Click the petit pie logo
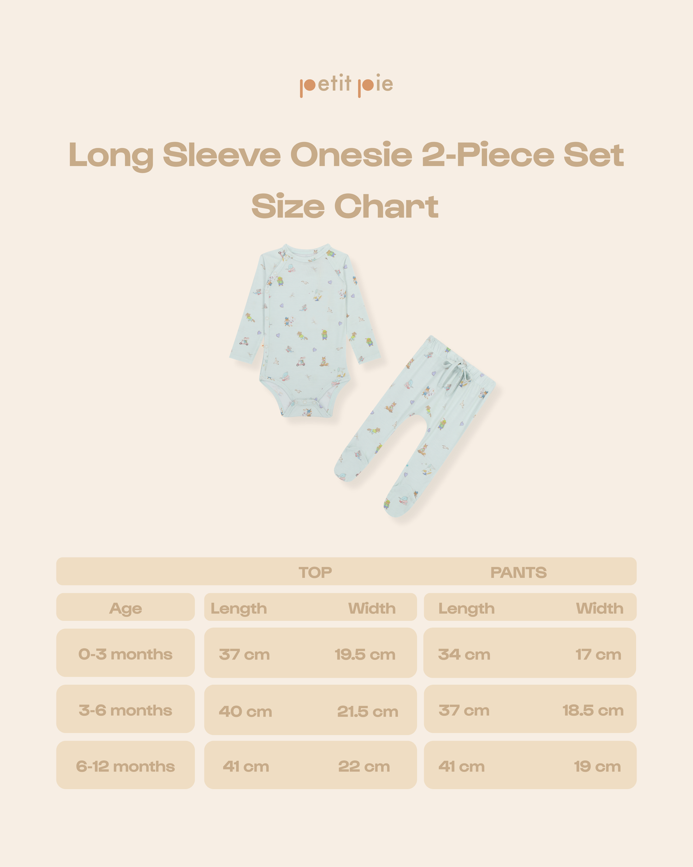(x=346, y=85)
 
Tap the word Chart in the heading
(x=386, y=207)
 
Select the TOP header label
(x=315, y=572)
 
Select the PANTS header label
(x=518, y=572)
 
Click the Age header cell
(x=126, y=608)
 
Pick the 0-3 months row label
(x=126, y=654)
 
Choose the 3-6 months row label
(x=126, y=710)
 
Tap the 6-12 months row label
(x=126, y=766)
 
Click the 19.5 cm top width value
(x=365, y=654)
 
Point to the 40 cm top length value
(x=246, y=711)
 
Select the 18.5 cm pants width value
(x=593, y=710)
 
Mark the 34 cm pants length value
(x=464, y=654)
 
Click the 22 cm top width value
(x=364, y=767)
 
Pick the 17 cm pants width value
(x=598, y=654)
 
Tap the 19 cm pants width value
(x=597, y=767)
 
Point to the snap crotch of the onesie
(x=307, y=412)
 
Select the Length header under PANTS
(x=466, y=609)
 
